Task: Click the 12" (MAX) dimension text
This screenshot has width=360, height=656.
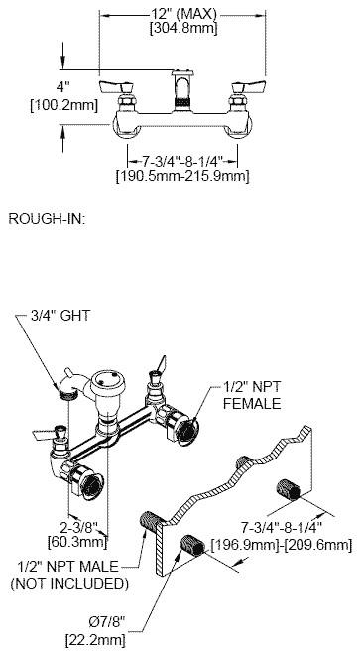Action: point(184,14)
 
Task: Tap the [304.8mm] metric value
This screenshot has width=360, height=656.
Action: point(184,29)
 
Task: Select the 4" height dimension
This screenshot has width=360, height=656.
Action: point(62,88)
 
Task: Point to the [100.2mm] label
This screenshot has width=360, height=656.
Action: point(64,105)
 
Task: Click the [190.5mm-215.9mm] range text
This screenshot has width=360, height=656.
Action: point(182,175)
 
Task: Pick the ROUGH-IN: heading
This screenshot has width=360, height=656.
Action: point(47,219)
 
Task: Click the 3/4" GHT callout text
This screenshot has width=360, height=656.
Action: point(60,315)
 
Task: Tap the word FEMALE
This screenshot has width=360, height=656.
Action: point(252,403)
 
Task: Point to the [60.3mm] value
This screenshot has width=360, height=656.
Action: point(77,542)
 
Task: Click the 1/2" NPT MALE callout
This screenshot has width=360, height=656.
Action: point(67,567)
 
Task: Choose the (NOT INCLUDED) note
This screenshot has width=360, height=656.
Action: point(69,584)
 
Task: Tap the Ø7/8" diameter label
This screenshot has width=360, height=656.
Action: point(107,623)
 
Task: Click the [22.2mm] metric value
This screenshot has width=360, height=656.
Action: point(95,640)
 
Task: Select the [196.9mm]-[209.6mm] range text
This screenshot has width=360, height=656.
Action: point(282,545)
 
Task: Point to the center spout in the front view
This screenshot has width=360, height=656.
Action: point(182,90)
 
